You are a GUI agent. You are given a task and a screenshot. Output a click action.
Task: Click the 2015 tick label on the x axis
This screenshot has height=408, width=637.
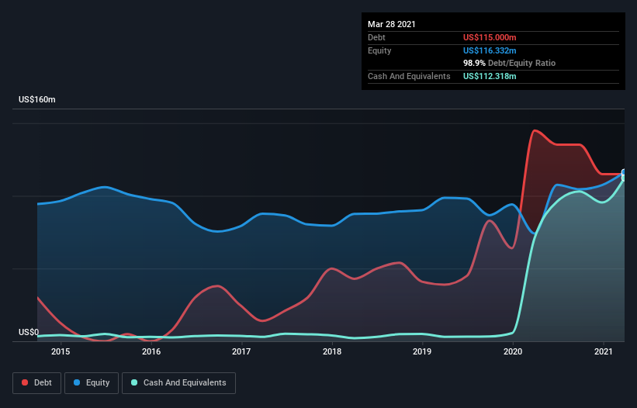point(61,352)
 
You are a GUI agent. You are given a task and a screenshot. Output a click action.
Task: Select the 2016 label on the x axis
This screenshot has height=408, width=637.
point(151,352)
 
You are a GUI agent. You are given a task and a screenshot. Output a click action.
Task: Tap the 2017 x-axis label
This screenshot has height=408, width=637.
point(241,352)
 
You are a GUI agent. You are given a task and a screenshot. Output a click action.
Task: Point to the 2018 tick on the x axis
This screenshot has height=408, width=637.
point(332,352)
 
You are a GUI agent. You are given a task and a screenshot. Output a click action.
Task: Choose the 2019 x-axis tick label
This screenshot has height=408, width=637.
point(422,352)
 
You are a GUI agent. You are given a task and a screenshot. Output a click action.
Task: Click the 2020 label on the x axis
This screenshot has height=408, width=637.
point(513,352)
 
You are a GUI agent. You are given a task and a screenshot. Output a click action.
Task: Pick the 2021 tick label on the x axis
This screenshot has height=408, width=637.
point(603,352)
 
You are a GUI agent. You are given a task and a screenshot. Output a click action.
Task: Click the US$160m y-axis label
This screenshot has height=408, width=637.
point(37,100)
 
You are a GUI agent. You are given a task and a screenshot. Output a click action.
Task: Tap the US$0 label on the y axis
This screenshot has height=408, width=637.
point(29,332)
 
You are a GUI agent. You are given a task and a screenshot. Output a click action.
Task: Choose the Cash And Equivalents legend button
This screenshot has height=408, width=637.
point(178,382)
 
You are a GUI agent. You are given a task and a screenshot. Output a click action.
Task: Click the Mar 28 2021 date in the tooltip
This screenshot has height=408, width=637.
point(392,24)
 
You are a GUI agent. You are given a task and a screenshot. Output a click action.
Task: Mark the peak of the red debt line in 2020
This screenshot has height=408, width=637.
point(535,130)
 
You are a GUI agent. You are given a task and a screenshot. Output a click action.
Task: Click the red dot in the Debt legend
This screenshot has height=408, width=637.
point(26,382)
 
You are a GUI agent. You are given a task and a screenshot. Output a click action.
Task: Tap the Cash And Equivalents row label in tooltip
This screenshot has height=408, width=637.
point(409,76)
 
